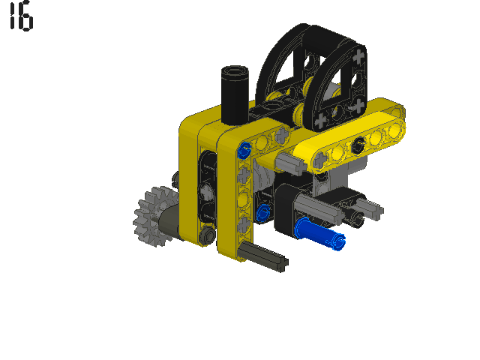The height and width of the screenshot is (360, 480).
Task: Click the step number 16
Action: coord(21,16)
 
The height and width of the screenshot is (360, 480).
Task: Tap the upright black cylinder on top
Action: coord(235,95)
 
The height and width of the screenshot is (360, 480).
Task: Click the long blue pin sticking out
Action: coord(319,233)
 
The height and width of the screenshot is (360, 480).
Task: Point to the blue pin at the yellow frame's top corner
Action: coord(244,150)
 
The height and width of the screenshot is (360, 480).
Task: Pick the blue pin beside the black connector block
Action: coord(263,212)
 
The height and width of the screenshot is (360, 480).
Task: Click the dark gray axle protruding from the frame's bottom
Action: coord(262,256)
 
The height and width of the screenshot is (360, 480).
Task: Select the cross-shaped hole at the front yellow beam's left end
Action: coord(321,159)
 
